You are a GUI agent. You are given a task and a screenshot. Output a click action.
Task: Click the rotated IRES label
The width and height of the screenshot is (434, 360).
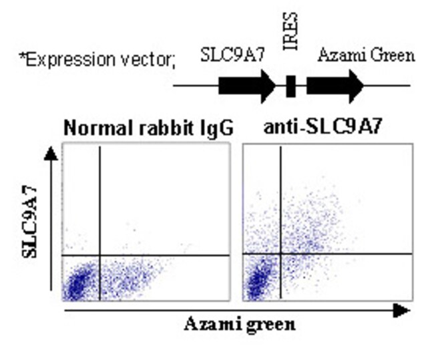click(290, 31)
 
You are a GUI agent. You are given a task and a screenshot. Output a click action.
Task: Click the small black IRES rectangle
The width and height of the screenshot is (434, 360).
click(290, 86)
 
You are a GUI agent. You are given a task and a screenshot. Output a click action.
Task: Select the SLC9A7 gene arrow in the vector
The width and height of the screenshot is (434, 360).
click(247, 86)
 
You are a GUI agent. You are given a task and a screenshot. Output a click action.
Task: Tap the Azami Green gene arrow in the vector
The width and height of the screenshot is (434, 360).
click(335, 86)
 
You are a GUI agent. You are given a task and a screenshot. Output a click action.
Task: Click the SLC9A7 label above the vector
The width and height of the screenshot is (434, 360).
click(232, 55)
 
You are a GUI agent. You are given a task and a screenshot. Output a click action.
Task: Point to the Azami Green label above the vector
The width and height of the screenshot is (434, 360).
click(366, 55)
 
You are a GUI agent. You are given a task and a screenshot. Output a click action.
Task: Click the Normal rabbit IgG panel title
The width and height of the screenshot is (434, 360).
click(149, 128)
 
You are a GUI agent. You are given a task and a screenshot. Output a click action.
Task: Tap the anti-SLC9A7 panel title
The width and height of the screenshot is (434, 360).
click(322, 127)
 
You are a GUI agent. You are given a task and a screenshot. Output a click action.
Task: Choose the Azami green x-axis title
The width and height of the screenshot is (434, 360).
click(240, 325)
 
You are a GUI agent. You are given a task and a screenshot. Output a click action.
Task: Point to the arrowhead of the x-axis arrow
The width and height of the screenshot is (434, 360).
click(401, 311)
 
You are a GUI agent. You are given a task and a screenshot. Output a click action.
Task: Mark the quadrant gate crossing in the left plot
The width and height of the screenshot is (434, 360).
click(100, 255)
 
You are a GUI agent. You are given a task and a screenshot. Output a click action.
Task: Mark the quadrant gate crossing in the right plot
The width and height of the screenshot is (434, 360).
click(281, 253)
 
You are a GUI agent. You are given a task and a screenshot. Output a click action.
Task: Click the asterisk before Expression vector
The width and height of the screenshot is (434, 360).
click(21, 56)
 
